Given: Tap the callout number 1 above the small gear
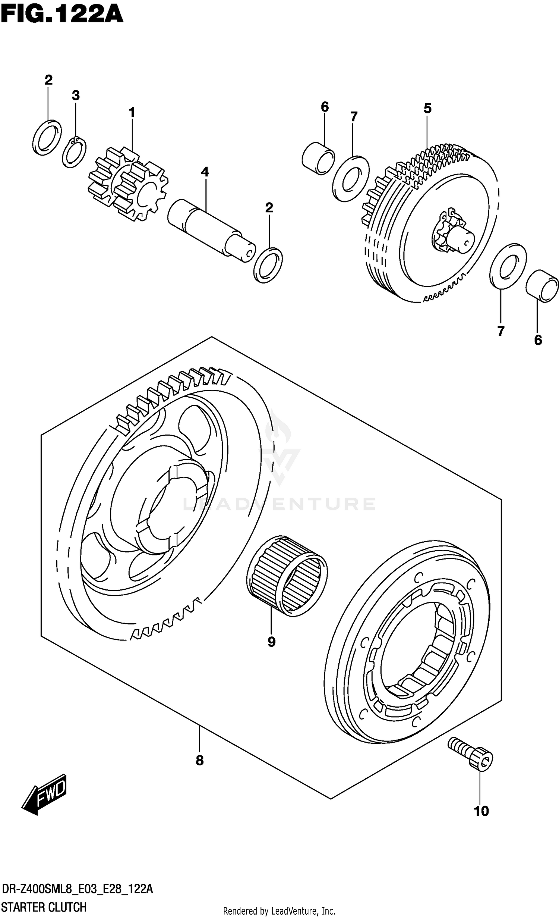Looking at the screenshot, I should tap(132, 112).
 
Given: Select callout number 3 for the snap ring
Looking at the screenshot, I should tap(76, 96).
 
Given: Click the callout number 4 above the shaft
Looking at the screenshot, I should tap(205, 172).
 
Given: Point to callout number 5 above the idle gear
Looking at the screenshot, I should tap(427, 109).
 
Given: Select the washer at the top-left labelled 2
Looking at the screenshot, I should tap(47, 137).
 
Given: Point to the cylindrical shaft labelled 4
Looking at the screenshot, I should tap(211, 230).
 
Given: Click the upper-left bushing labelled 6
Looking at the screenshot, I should tap(318, 158).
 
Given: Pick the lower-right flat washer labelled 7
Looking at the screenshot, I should tap(508, 266).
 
